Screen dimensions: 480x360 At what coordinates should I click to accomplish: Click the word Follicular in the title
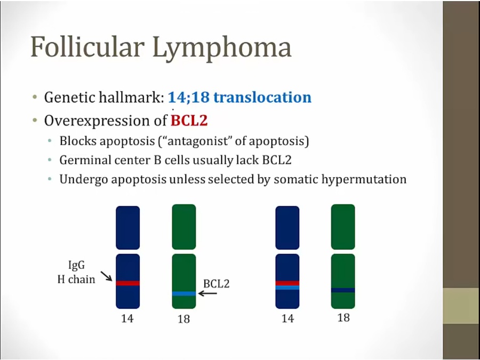pyautogui.click(x=87, y=46)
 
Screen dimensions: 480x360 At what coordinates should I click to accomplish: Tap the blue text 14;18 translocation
pyautogui.click(x=239, y=97)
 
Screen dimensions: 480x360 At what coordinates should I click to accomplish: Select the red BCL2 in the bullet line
pyautogui.click(x=189, y=121)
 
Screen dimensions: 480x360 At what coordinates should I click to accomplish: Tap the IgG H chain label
pyautogui.click(x=76, y=272)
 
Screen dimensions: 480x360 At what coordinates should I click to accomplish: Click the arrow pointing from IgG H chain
pyautogui.click(x=107, y=276)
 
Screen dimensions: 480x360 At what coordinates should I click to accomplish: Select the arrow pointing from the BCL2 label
pyautogui.click(x=207, y=293)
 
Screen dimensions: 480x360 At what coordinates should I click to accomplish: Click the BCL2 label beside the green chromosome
pyautogui.click(x=216, y=284)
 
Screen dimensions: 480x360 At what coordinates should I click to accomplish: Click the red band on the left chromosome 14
pyautogui.click(x=127, y=283)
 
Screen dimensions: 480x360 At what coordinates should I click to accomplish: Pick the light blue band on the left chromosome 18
pyautogui.click(x=184, y=293)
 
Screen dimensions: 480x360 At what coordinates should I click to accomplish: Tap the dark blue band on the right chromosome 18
pyautogui.click(x=343, y=290)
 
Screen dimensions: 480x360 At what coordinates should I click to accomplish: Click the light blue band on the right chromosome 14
pyautogui.click(x=287, y=287)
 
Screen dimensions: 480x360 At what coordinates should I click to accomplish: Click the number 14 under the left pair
pyautogui.click(x=127, y=319)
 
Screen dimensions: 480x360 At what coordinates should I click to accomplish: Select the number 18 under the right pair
pyautogui.click(x=343, y=318)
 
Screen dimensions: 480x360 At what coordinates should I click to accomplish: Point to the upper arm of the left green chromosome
pyautogui.click(x=184, y=227)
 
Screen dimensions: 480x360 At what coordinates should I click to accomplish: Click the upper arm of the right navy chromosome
pyautogui.click(x=287, y=228)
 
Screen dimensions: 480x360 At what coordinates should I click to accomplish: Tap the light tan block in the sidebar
pyautogui.click(x=461, y=306)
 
